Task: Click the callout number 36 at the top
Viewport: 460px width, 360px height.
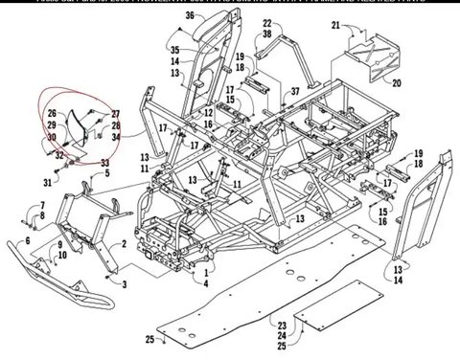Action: point(189,16)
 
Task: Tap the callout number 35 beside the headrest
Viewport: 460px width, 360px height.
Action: point(174,49)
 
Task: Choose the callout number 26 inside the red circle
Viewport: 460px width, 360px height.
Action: point(54,113)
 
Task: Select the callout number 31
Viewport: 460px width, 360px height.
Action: point(46,182)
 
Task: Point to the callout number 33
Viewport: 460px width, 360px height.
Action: point(105,164)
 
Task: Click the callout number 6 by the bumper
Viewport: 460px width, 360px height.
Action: point(26,240)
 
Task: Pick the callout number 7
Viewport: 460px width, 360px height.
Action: point(42,206)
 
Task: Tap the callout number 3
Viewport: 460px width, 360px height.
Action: point(126,284)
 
